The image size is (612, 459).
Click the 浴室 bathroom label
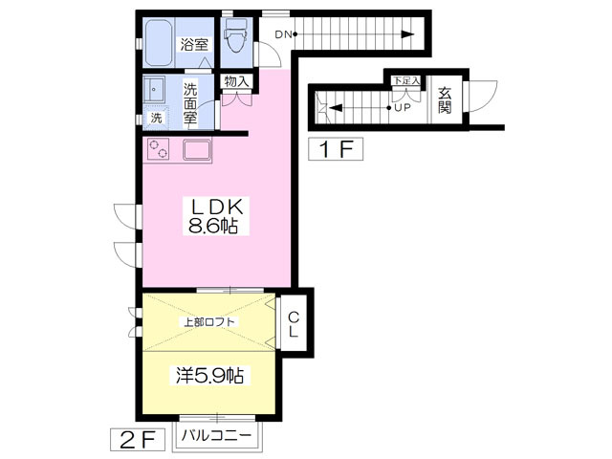tap(196, 43)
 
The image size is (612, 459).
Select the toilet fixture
tap(234, 38)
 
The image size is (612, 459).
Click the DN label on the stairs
tap(282, 35)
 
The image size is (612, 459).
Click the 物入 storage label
tap(235, 82)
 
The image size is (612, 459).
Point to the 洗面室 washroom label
tap(190, 104)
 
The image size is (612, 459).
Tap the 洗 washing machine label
tap(156, 119)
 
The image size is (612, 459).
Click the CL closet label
tap(295, 325)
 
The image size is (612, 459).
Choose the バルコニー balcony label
tap(217, 436)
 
